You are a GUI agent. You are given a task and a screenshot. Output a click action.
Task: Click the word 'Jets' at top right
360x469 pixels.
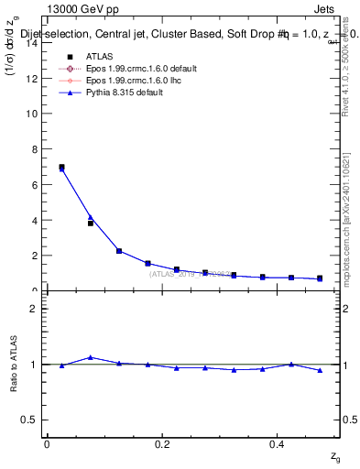[325, 10]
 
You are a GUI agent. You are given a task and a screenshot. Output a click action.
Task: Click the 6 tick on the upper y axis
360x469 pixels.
[37, 185]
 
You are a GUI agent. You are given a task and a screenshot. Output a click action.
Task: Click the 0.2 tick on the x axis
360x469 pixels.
[163, 444]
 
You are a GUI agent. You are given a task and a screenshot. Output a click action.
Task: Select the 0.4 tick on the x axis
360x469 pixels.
[278, 444]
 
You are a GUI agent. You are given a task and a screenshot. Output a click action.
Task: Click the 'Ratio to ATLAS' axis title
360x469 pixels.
[13, 364]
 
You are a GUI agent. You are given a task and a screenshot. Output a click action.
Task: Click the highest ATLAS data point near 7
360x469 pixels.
[61, 167]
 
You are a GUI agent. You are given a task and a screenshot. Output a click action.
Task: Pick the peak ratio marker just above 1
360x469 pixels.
[90, 357]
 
